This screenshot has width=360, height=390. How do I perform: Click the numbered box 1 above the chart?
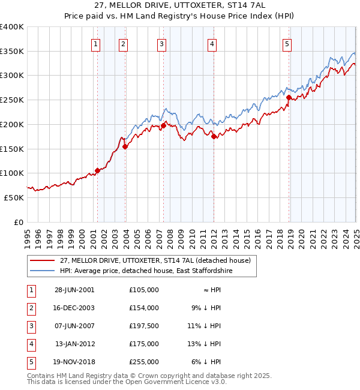coord(96,43)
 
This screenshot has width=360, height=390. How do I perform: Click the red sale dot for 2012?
coord(214,136)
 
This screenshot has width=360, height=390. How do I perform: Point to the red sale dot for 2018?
coord(289,97)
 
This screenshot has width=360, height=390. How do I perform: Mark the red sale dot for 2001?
coord(97,170)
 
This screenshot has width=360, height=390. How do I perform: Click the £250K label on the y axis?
coord(11,100)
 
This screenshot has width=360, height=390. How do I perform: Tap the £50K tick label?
coord(14,197)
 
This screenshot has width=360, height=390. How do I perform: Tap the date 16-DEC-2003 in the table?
coord(74,308)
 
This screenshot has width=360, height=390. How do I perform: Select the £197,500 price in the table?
coord(143,326)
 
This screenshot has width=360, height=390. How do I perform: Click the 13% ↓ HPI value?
coord(207,344)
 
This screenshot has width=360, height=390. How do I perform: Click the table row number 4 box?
coord(30,344)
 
